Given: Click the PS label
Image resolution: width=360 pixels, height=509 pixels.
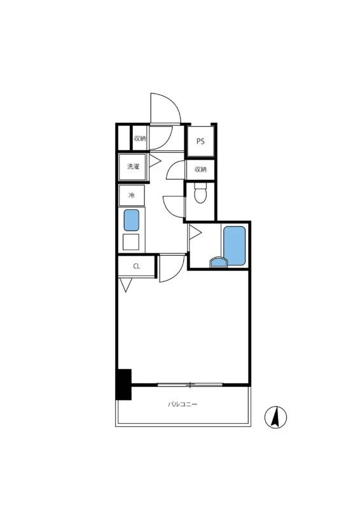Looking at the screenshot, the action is tap(200, 141).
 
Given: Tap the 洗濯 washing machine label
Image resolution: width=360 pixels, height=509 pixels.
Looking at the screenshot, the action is tap(133, 167).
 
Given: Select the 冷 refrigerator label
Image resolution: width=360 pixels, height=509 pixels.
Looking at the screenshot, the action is tap(132, 195).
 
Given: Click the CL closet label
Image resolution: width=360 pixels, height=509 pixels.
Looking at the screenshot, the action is tap(137, 266).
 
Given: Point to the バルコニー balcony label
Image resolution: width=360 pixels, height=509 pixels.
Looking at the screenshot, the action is tap(183, 404).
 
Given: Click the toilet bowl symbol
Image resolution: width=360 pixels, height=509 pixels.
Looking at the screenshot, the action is tap(200, 193).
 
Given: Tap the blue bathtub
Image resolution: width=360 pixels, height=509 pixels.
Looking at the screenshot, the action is tap(234, 246).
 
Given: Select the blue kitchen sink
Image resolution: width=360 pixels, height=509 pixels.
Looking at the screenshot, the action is tap(131, 220).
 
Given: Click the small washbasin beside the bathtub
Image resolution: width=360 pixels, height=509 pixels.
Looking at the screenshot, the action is tap(219, 262).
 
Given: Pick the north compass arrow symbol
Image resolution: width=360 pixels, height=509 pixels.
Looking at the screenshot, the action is tap(275, 417).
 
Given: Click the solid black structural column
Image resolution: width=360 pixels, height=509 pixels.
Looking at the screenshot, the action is tap(123, 384).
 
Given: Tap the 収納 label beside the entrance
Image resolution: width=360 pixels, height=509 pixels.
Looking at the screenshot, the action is tap(140, 138).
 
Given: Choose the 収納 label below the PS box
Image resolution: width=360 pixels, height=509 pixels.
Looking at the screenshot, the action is tap(200, 169).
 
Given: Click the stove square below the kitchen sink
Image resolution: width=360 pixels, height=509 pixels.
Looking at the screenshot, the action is tap(131, 242).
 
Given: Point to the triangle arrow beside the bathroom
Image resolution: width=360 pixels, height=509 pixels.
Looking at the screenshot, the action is tap(195, 232).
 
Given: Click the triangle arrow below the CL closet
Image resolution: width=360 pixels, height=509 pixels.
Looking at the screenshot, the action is tap(125, 284).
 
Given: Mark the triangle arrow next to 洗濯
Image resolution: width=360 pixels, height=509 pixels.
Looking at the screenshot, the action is tap(155, 160).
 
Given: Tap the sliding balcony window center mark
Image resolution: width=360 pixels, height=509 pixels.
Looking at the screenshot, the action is tap(190, 385).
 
